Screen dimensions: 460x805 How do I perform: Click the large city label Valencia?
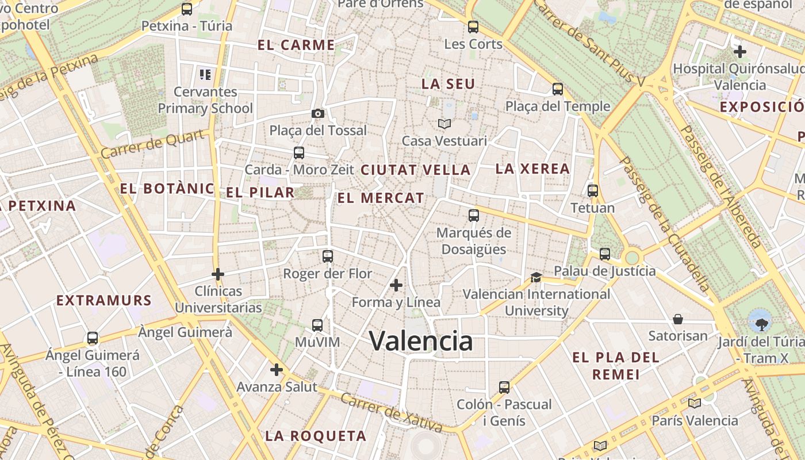[421, 341]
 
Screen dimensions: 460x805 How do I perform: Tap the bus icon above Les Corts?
[473, 26]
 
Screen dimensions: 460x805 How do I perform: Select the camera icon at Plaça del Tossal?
[317, 113]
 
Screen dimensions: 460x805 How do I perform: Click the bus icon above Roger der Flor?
[328, 256]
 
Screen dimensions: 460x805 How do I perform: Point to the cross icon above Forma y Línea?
[396, 285]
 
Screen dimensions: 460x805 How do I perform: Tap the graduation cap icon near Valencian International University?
[536, 277]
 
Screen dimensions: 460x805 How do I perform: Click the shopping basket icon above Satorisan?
[678, 319]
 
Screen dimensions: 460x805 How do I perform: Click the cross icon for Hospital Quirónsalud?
[739, 51]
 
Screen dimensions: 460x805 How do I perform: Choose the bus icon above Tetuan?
[593, 191]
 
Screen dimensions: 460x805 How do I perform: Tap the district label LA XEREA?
[532, 169]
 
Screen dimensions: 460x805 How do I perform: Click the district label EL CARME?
[296, 45]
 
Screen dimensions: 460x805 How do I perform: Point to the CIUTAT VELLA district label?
[415, 170]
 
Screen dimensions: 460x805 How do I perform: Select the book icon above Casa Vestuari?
[444, 124]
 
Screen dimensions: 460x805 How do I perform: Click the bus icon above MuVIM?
[317, 325]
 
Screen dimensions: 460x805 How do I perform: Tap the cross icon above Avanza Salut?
[277, 369]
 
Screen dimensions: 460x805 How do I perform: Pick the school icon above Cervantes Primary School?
[205, 74]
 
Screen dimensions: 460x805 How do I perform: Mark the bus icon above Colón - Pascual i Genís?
[504, 387]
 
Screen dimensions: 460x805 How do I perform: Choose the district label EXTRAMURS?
[104, 300]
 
